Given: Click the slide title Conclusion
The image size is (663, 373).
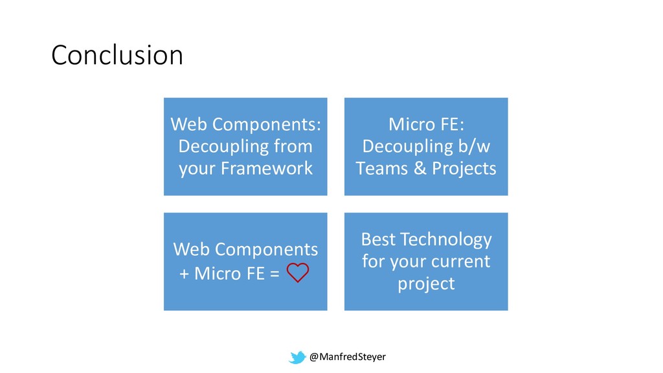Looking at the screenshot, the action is pyautogui.click(x=117, y=55).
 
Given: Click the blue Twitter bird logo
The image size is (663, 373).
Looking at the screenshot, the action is pyautogui.click(x=297, y=357).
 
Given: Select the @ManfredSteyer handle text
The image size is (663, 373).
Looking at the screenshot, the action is pyautogui.click(x=348, y=357).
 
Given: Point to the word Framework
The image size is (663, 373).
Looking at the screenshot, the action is pyautogui.click(x=266, y=168).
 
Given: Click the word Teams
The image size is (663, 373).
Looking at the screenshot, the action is pyautogui.click(x=381, y=168).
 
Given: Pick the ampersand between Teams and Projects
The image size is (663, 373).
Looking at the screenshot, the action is pyautogui.click(x=420, y=168).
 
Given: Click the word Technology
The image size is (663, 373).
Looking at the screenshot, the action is pyautogui.click(x=446, y=240).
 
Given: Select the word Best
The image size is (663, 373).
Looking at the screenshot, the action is pyautogui.click(x=378, y=240).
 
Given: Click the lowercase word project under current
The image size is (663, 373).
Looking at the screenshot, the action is pyautogui.click(x=426, y=284).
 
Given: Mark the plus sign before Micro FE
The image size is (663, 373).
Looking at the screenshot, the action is pyautogui.click(x=184, y=274).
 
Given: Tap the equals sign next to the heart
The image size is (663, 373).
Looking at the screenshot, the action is pyautogui.click(x=275, y=273).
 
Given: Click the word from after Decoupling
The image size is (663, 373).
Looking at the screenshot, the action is pyautogui.click(x=293, y=146).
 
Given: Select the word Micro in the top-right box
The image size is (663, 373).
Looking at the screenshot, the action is pyautogui.click(x=411, y=124).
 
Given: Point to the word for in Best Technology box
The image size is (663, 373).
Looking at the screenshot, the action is pyautogui.click(x=373, y=261).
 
